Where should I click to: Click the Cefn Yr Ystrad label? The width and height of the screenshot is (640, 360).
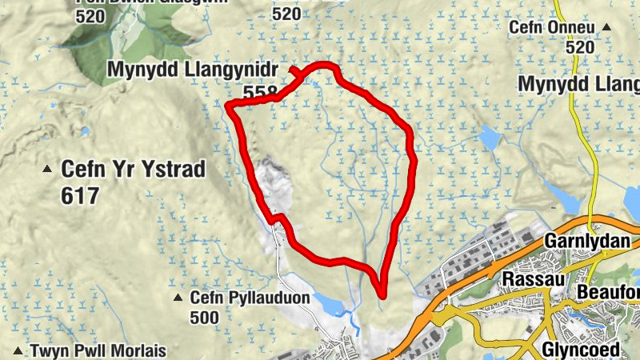pyautogui.click(x=134, y=170)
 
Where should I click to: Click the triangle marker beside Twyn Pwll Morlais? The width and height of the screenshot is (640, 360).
pyautogui.click(x=18, y=350)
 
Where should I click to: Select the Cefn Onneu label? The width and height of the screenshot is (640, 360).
pyautogui.click(x=553, y=28)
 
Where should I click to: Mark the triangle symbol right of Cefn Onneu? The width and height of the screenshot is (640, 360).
pyautogui.click(x=606, y=28)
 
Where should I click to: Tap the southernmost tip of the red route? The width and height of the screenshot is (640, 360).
pyautogui.click(x=382, y=294)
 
